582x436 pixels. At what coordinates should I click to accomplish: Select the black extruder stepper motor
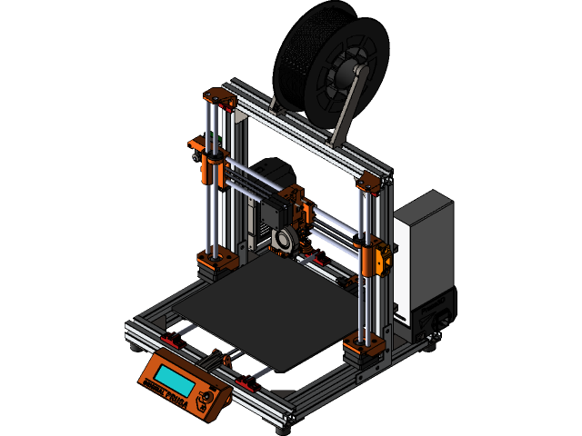click(x=273, y=214)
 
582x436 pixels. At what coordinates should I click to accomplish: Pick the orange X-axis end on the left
click(x=209, y=154)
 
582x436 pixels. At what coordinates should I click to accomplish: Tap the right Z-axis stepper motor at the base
click(x=364, y=352)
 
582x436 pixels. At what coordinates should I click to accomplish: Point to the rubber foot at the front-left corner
click(x=135, y=346)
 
